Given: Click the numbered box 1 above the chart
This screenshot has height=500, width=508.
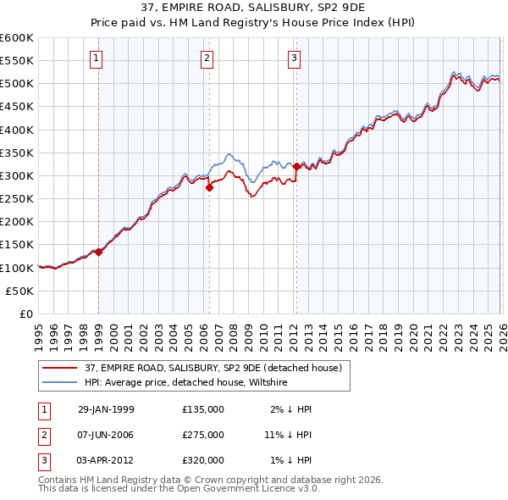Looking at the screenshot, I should pyautogui.click(x=97, y=58).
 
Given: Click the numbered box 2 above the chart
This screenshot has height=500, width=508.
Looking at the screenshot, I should pyautogui.click(x=207, y=58).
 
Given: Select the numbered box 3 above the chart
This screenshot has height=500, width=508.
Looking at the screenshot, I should pyautogui.click(x=294, y=58).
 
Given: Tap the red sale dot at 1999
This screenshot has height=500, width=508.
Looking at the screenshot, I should pyautogui.click(x=98, y=252).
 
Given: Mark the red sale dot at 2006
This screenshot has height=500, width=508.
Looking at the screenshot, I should pyautogui.click(x=209, y=188).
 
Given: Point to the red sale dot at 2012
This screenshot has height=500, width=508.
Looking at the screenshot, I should pyautogui.click(x=296, y=167).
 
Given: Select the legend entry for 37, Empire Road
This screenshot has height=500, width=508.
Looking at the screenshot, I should pyautogui.click(x=213, y=368).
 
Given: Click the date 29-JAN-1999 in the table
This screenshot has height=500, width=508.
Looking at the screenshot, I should pyautogui.click(x=106, y=409).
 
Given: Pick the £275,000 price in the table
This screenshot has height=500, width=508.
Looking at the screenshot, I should pyautogui.click(x=203, y=435).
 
